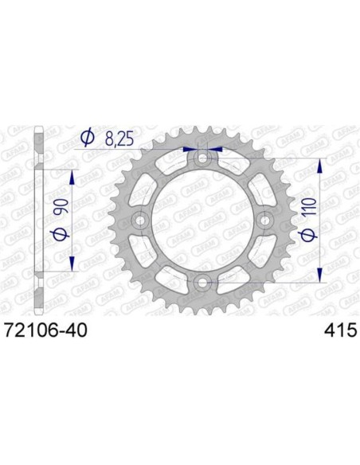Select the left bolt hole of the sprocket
[x=141, y=221]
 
